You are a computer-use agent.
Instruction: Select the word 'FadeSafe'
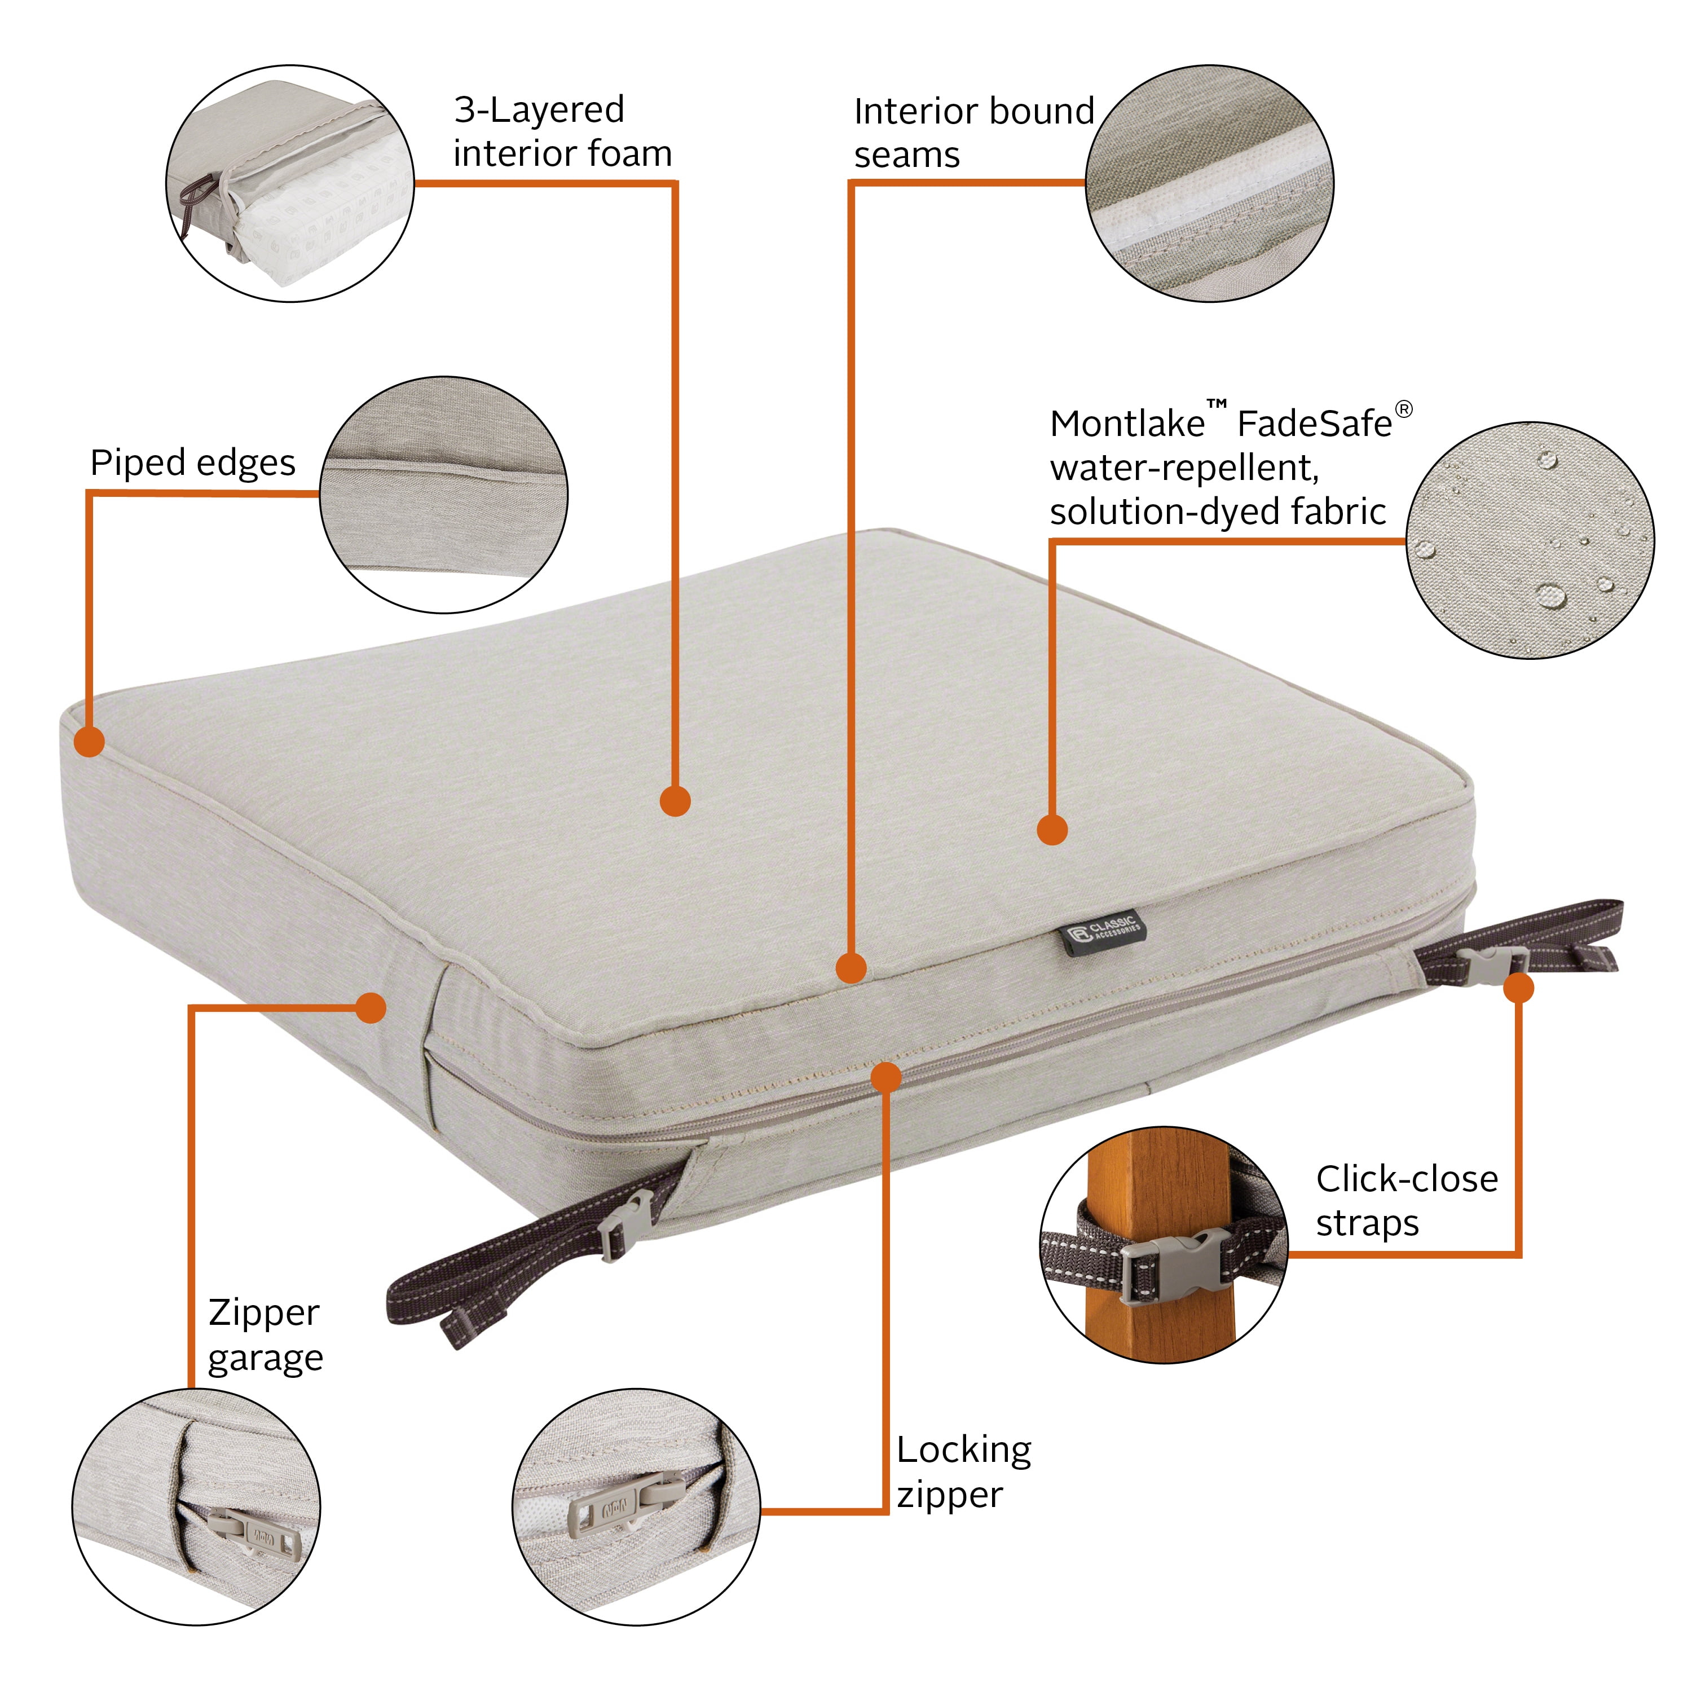click(1314, 424)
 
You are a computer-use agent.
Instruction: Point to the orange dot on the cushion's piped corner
click(89, 741)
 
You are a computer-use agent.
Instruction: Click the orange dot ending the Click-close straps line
click(1519, 988)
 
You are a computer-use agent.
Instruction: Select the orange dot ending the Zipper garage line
click(371, 1008)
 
